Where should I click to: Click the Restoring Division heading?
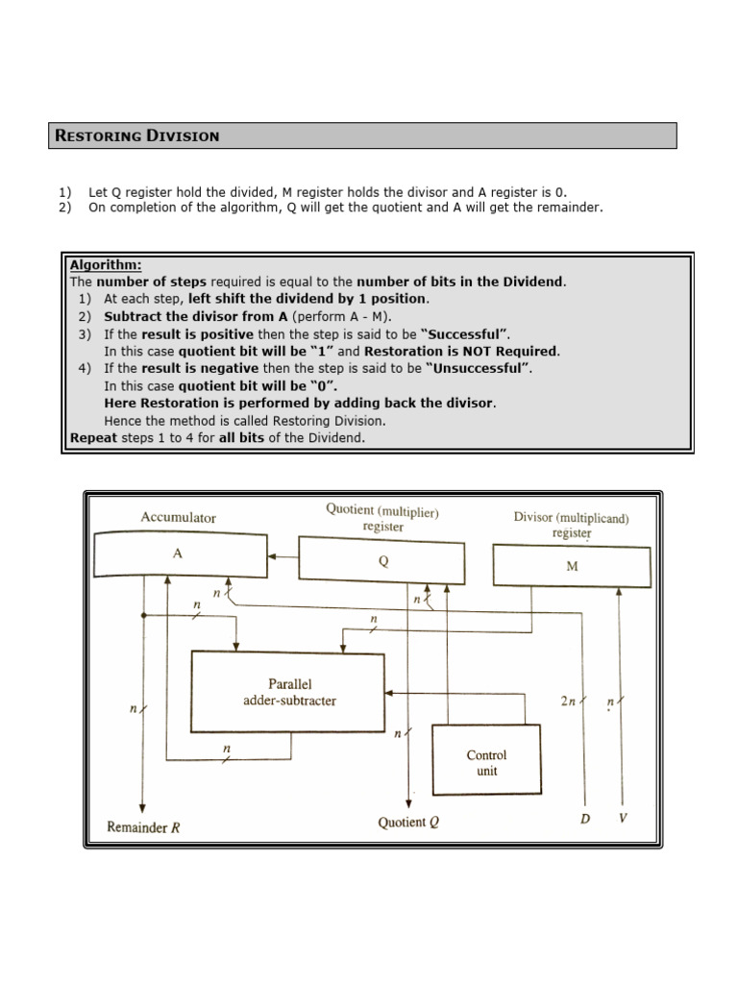coord(137,135)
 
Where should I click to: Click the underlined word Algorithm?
coord(106,265)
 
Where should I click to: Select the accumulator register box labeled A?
coord(181,555)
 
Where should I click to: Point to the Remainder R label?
coord(143,825)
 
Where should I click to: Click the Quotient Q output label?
coord(408,824)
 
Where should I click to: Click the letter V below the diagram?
coord(623,818)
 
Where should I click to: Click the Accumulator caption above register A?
coord(178,517)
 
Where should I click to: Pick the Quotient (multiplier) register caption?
coord(382,519)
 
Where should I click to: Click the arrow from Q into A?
coord(283,555)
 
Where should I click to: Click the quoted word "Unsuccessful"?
coord(481,368)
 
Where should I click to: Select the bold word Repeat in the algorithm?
coord(93,437)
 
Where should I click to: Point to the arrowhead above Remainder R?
coord(142,806)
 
